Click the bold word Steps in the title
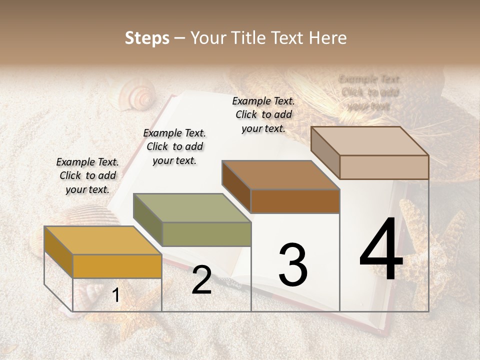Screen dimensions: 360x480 tap(147, 38)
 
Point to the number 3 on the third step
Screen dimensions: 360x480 tap(292, 265)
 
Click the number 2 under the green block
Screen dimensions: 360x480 tap(201, 281)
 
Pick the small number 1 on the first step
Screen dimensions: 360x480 tap(115, 295)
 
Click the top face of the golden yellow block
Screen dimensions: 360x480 tap(102, 240)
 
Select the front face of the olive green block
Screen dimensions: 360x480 tap(206, 234)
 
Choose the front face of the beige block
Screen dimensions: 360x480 tap(384, 167)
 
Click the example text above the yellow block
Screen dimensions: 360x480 tap(87, 175)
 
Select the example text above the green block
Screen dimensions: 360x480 tap(174, 146)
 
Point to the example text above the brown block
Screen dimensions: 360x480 tap(263, 114)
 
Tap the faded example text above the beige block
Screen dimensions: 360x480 tap(369, 92)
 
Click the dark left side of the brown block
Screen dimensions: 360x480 tap(236, 186)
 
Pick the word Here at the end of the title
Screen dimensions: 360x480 tap(328, 38)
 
